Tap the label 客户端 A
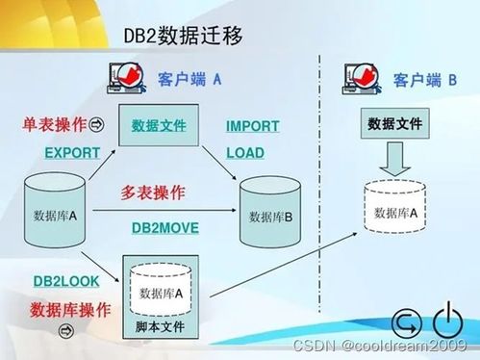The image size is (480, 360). (189, 79)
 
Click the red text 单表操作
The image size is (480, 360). (54, 125)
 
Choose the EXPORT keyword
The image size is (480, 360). (72, 153)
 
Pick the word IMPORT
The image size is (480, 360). (252, 126)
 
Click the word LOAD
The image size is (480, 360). (244, 152)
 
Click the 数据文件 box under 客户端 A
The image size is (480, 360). (159, 126)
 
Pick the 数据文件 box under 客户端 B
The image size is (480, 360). (394, 125)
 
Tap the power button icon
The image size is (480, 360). (447, 322)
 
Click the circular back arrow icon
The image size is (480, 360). (408, 325)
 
